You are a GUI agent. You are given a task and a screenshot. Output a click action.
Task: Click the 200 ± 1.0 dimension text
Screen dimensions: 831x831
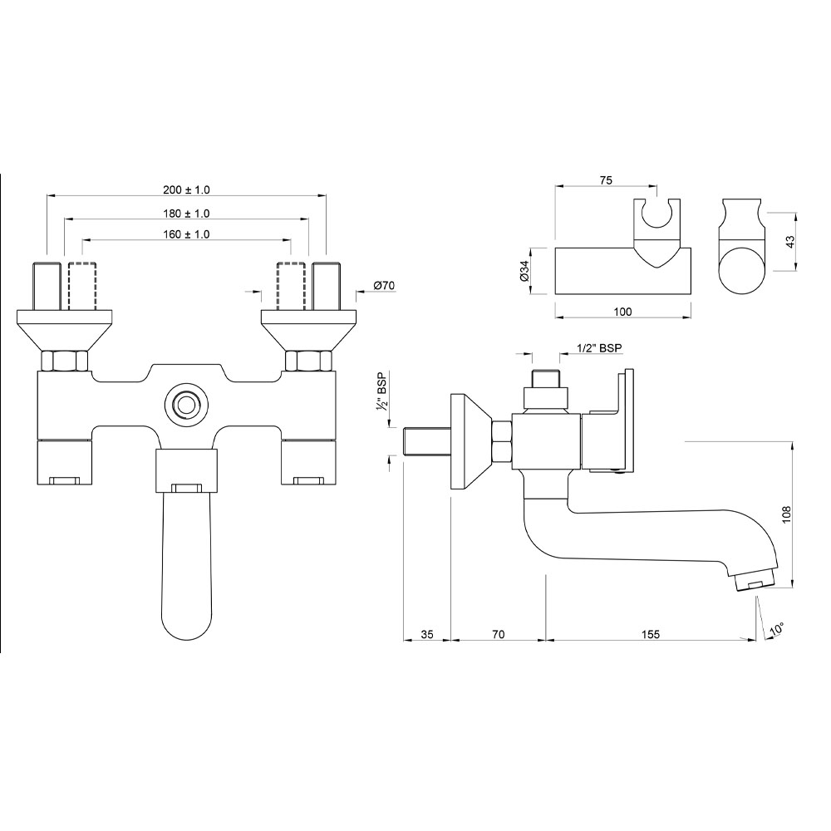pyautogui.click(x=186, y=189)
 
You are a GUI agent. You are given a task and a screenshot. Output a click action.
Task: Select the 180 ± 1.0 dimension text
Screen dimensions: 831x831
pyautogui.click(x=186, y=214)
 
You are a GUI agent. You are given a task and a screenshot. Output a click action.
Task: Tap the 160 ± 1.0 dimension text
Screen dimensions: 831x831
pyautogui.click(x=186, y=235)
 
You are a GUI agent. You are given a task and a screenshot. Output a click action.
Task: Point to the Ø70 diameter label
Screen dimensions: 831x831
pyautogui.click(x=384, y=286)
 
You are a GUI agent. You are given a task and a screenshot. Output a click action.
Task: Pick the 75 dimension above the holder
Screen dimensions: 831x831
pyautogui.click(x=605, y=179)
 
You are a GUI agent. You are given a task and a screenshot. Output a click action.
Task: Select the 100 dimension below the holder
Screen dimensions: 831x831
pyautogui.click(x=622, y=312)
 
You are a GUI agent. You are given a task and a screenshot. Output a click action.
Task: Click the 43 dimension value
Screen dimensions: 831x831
pyautogui.click(x=791, y=241)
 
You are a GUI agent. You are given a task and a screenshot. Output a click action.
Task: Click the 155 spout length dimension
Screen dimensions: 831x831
pyautogui.click(x=650, y=634)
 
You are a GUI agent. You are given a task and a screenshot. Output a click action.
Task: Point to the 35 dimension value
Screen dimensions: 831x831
pyautogui.click(x=426, y=634)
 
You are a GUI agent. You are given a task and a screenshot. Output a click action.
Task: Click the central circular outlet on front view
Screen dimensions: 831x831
pyautogui.click(x=184, y=406)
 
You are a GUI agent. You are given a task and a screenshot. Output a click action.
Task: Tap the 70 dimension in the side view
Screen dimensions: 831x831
pyautogui.click(x=498, y=634)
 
